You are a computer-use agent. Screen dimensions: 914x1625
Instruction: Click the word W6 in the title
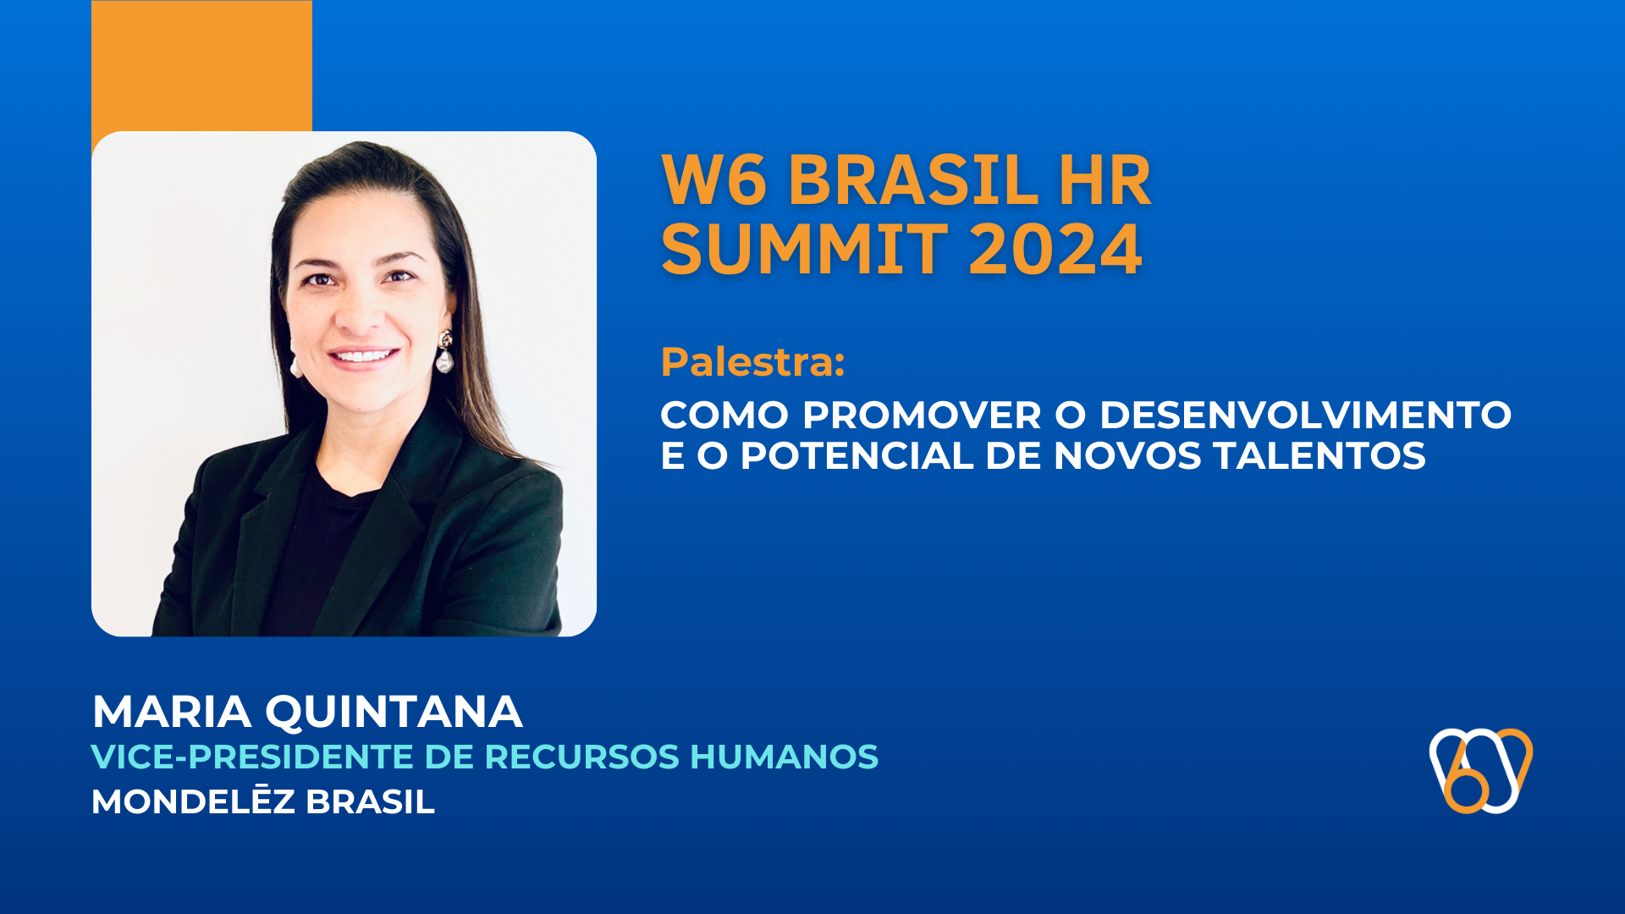pyautogui.click(x=713, y=180)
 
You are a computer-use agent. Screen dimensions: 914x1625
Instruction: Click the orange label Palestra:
pyautogui.click(x=752, y=362)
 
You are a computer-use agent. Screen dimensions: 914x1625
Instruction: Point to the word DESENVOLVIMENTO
pyautogui.click(x=1305, y=415)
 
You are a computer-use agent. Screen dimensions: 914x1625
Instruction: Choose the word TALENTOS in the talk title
pyautogui.click(x=1319, y=455)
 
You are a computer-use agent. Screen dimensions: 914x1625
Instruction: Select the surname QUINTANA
pyautogui.click(x=394, y=711)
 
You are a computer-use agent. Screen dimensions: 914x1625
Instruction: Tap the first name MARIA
pyautogui.click(x=172, y=711)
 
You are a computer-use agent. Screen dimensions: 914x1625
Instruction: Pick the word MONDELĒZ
pyautogui.click(x=193, y=801)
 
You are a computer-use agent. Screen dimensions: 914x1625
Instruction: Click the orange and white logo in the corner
pyautogui.click(x=1481, y=770)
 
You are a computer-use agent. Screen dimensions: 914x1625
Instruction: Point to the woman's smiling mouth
pyautogui.click(x=364, y=355)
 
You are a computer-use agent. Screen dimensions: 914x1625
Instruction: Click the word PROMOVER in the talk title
pyautogui.click(x=922, y=415)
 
